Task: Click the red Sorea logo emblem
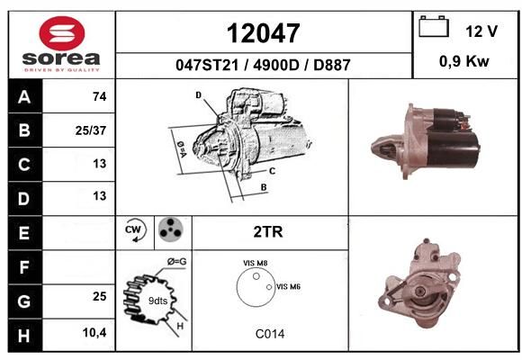tap(62, 33)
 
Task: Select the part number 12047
tap(264, 33)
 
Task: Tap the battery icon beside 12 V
tap(434, 26)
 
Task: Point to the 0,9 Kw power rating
tap(464, 61)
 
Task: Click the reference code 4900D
tap(276, 65)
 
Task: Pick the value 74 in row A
tap(100, 96)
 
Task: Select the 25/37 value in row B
tap(91, 130)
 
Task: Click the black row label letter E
tap(24, 233)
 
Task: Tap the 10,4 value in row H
tap(94, 332)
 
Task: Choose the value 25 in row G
tap(100, 296)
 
